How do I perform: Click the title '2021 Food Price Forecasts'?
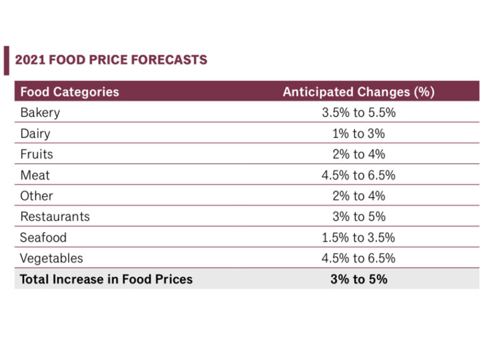(111, 60)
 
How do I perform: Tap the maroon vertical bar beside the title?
(6, 60)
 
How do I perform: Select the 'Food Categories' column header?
(70, 92)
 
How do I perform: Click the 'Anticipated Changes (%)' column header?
(358, 92)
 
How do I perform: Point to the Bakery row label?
(40, 113)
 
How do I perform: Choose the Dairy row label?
(35, 133)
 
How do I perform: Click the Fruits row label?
(37, 154)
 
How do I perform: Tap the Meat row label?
(34, 175)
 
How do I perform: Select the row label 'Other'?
(36, 196)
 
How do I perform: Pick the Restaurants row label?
(55, 216)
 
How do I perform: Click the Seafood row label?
(43, 237)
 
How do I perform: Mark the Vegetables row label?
(51, 258)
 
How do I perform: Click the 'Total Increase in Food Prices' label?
(106, 279)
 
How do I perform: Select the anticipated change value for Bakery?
(358, 113)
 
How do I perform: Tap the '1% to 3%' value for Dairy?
(358, 133)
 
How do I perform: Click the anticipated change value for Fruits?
(358, 154)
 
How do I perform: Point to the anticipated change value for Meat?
(358, 175)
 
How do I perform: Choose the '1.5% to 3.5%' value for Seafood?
(358, 237)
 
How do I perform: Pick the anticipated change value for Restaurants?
(358, 216)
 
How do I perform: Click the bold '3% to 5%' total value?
(358, 279)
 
